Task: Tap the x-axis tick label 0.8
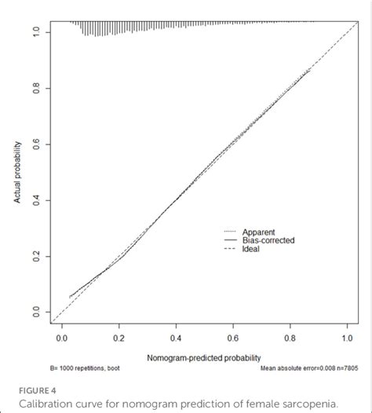[290, 338]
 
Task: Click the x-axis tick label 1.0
[348, 338]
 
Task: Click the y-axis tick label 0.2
[35, 257]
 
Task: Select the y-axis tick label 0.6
[35, 144]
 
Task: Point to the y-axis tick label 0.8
[35, 89]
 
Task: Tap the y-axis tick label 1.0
[35, 32]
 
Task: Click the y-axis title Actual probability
[16, 172]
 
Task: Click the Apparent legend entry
[258, 232]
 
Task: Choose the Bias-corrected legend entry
[268, 240]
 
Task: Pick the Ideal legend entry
[252, 249]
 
